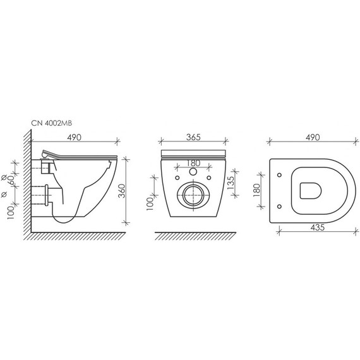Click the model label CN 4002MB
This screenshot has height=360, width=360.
pos(52,123)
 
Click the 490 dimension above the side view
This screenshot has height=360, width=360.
pos(74,137)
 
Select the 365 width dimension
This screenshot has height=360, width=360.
pos(193,137)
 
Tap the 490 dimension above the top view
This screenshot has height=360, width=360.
pos(313,137)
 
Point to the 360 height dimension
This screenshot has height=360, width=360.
pos(123,191)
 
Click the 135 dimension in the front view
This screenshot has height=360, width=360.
pos(231,183)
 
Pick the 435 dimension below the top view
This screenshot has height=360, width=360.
pos(318,227)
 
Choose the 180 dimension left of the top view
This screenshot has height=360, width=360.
pos(257,190)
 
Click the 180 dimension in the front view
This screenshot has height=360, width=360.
pos(193,163)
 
